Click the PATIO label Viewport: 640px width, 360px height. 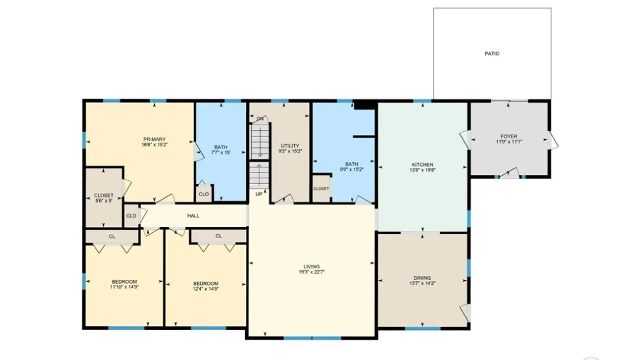(492, 54)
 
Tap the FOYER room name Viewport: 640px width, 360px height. (509, 136)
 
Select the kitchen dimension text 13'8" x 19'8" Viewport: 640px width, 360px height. (422, 170)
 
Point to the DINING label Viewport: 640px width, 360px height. (422, 278)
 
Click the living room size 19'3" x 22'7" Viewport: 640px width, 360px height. (311, 272)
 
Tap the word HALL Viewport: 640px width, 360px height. (193, 216)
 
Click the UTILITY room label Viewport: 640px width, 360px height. (290, 146)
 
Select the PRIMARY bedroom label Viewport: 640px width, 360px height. (154, 139)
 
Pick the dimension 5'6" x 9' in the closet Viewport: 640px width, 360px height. (103, 201)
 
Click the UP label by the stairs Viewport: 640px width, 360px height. (259, 194)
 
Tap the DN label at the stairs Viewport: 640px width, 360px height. (260, 119)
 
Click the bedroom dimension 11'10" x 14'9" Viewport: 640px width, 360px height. (124, 287)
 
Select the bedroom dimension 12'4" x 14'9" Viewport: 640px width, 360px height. (205, 289)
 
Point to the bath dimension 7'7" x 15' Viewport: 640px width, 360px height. (221, 152)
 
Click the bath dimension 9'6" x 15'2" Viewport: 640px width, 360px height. (351, 169)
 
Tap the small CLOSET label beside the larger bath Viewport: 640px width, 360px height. (321, 189)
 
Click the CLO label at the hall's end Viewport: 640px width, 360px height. (131, 216)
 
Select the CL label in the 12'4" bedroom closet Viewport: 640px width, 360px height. (218, 236)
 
